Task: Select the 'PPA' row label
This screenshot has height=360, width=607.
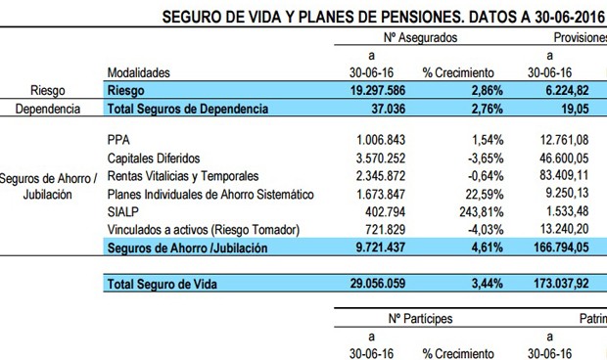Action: (117, 141)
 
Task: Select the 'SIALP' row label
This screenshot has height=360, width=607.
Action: (122, 211)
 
